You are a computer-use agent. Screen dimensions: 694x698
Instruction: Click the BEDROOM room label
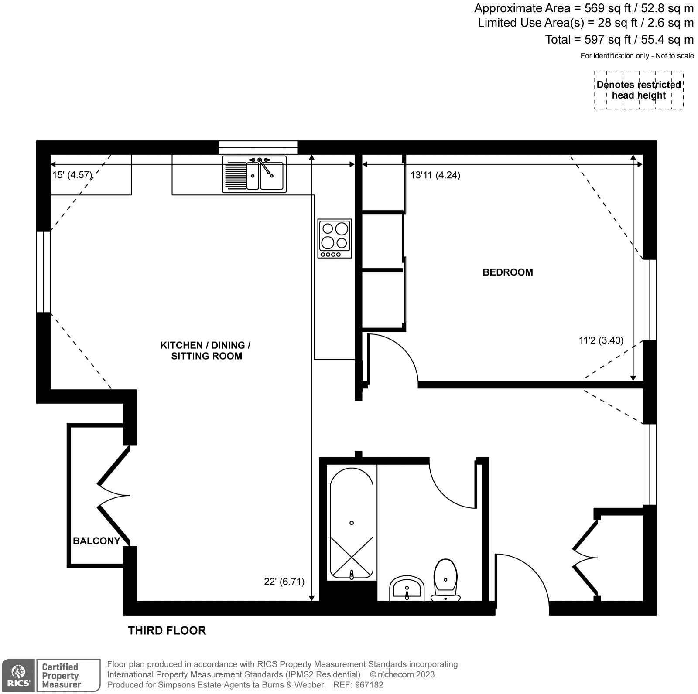[x=507, y=272]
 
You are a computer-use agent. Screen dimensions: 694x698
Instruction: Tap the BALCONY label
[x=96, y=541]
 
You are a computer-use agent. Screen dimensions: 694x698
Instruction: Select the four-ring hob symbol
[x=335, y=238]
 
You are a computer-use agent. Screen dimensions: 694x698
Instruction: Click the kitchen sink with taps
[x=254, y=174]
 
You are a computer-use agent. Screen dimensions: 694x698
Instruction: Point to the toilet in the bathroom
[x=445, y=579]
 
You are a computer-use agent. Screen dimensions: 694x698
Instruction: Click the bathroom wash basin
[x=407, y=589]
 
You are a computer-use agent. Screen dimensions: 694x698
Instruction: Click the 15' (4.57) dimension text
[x=72, y=175]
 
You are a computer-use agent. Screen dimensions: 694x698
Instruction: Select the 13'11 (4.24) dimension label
[x=435, y=175]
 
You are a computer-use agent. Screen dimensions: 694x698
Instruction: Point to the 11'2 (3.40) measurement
[x=601, y=340]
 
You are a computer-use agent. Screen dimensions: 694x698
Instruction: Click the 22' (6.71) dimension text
[x=284, y=582]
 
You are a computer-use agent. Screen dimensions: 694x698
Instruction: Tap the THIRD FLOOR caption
[x=167, y=630]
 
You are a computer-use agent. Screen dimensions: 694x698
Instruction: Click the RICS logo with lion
[x=17, y=675]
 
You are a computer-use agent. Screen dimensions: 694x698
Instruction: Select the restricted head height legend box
[x=639, y=90]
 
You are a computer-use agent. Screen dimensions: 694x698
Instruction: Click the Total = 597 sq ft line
[x=619, y=40]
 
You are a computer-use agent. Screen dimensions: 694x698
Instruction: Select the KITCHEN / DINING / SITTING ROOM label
[x=205, y=350]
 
